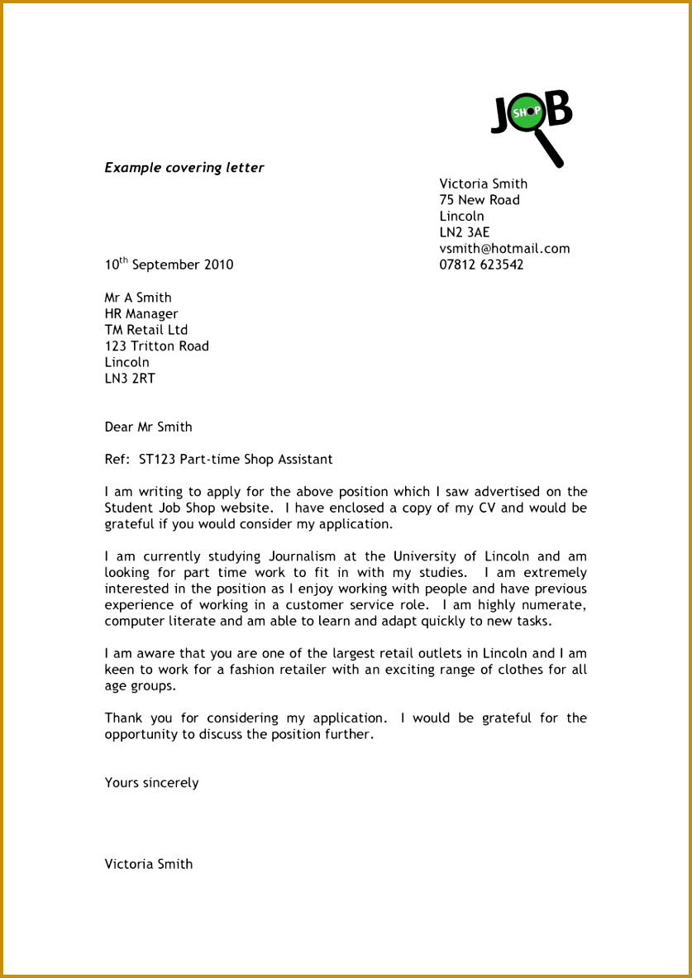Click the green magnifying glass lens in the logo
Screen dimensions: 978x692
click(x=526, y=112)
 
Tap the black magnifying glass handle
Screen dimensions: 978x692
click(x=550, y=150)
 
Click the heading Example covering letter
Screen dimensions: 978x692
click(x=184, y=168)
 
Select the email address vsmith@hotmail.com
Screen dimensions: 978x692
click(x=504, y=249)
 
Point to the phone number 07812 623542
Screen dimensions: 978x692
click(x=481, y=265)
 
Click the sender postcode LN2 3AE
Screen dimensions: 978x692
click(x=464, y=232)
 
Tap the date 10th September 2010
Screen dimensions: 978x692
click(x=169, y=265)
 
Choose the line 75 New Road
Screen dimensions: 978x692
click(x=480, y=200)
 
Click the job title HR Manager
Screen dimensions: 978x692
click(x=141, y=313)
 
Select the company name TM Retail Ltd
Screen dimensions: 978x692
click(x=146, y=330)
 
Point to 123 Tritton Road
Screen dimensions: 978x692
click(x=156, y=346)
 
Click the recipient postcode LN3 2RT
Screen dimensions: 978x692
click(x=129, y=379)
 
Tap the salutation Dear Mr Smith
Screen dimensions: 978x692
click(x=148, y=427)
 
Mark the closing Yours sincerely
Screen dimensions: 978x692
click(x=151, y=783)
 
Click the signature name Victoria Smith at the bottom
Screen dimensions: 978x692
click(x=148, y=864)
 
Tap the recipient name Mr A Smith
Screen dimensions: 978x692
click(x=137, y=298)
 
